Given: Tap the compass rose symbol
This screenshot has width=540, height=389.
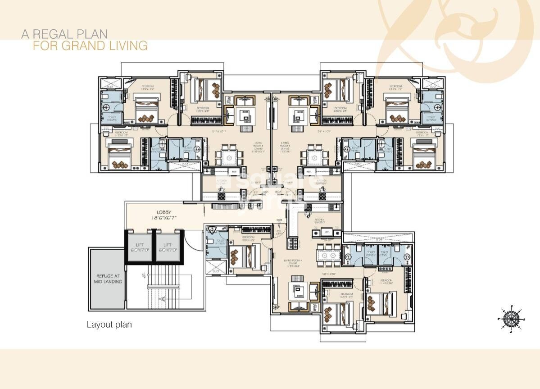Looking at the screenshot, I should tap(510, 318).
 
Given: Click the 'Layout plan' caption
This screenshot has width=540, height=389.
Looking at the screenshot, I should tap(109, 325).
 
